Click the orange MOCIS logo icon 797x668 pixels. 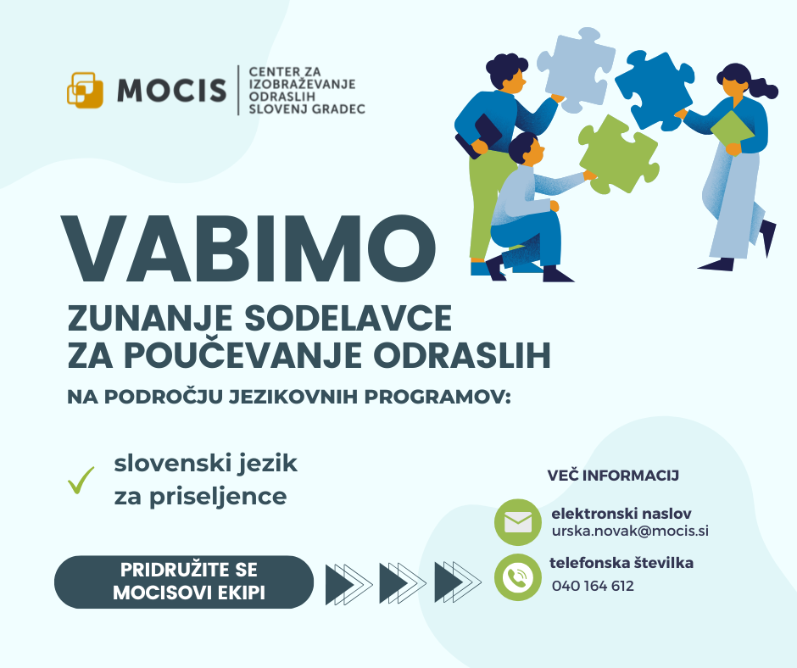pyautogui.click(x=85, y=90)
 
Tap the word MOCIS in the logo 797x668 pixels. pyautogui.click(x=172, y=91)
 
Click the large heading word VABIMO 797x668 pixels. pyautogui.click(x=248, y=248)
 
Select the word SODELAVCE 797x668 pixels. pyautogui.click(x=348, y=318)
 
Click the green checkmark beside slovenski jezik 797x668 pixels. pyautogui.click(x=81, y=481)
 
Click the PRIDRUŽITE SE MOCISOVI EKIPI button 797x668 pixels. pyautogui.click(x=184, y=582)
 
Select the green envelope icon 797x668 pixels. pyautogui.click(x=518, y=522)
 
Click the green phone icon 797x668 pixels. pyautogui.click(x=518, y=577)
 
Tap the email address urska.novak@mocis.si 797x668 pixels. pyautogui.click(x=630, y=532)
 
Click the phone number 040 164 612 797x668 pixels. pyautogui.click(x=593, y=586)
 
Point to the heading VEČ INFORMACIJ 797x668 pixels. pyautogui.click(x=613, y=476)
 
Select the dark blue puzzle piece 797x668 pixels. pyautogui.click(x=655, y=90)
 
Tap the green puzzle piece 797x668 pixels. pyautogui.click(x=618, y=154)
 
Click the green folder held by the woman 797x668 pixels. pyautogui.click(x=732, y=131)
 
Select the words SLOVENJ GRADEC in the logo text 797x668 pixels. pyautogui.click(x=307, y=109)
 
